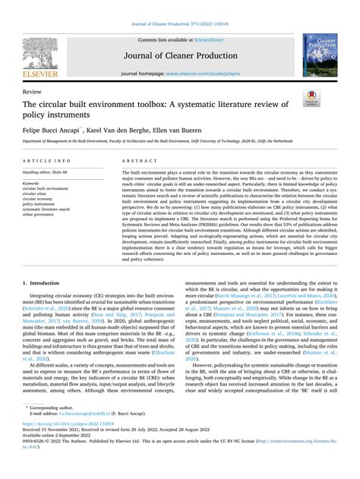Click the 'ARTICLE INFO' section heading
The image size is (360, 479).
43,162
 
